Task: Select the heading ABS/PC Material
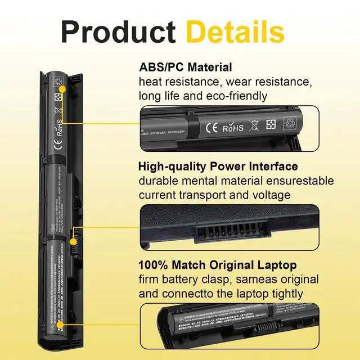(x=186, y=67)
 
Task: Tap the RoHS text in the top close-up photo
(x=233, y=128)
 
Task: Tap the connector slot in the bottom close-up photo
(x=269, y=327)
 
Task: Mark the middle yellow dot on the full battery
(x=73, y=241)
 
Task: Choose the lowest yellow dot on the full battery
(x=60, y=325)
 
